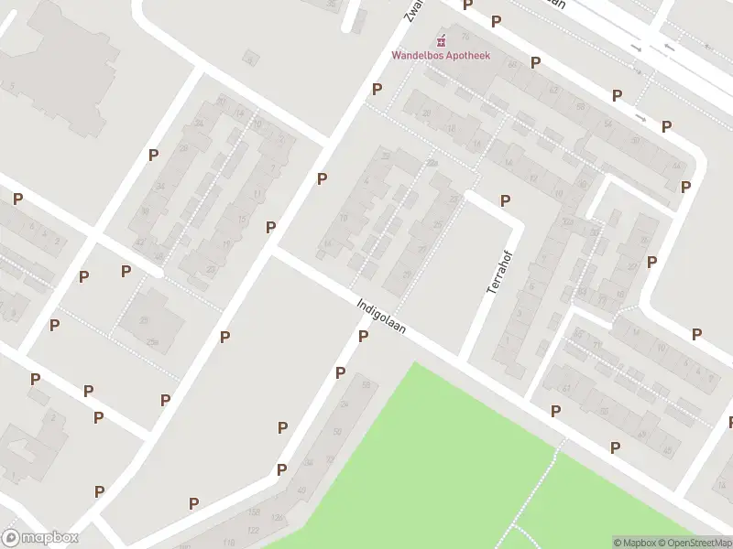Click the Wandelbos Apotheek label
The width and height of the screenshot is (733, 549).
tap(441, 55)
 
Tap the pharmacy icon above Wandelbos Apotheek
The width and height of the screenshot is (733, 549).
tap(442, 40)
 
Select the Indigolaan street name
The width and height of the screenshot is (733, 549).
tap(381, 314)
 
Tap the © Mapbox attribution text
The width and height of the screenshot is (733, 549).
tap(634, 543)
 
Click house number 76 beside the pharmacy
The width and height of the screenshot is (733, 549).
tap(465, 37)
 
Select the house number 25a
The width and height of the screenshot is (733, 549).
tap(152, 342)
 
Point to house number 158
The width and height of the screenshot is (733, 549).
tap(254, 511)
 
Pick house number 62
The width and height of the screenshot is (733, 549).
tap(552, 90)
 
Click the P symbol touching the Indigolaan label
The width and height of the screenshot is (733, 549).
tap(363, 337)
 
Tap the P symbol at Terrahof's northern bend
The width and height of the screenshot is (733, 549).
tap(505, 200)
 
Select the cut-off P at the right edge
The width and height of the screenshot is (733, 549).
tap(730, 422)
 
